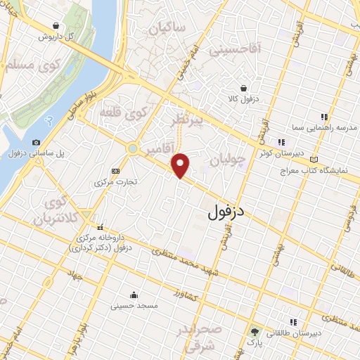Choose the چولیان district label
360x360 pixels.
click(x=229, y=161)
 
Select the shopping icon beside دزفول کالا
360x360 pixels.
click(x=243, y=89)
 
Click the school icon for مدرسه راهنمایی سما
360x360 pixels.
click(x=324, y=117)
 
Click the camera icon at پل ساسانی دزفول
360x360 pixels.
click(x=36, y=142)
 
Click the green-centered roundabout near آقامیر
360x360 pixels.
click(x=132, y=148)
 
